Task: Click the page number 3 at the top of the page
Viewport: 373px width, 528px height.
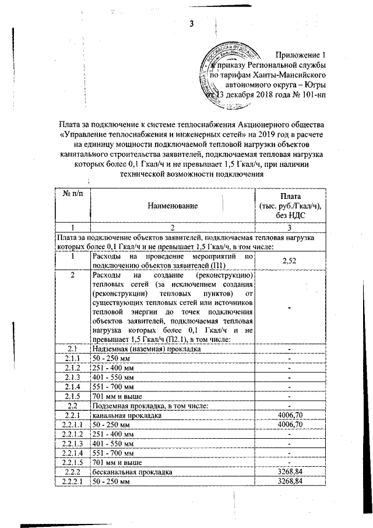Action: [x=191, y=23]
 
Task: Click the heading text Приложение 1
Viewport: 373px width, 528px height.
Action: [x=301, y=54]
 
